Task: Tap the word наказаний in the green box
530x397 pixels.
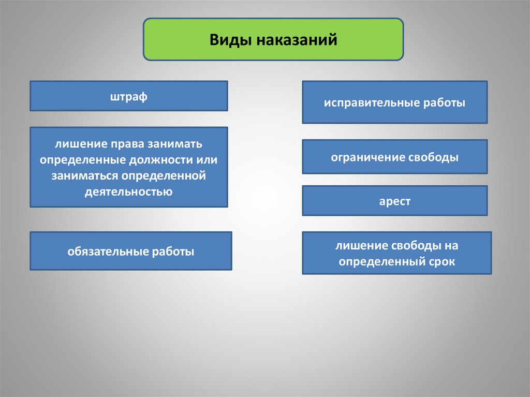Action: [x=297, y=40]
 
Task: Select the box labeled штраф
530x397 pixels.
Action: [x=129, y=96]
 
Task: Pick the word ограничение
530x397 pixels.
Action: [x=368, y=157]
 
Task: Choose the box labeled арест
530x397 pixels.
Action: [x=395, y=200]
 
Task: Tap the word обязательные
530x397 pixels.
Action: [x=108, y=251]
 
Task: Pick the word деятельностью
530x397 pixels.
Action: [x=128, y=192]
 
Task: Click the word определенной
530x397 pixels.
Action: [x=164, y=176]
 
